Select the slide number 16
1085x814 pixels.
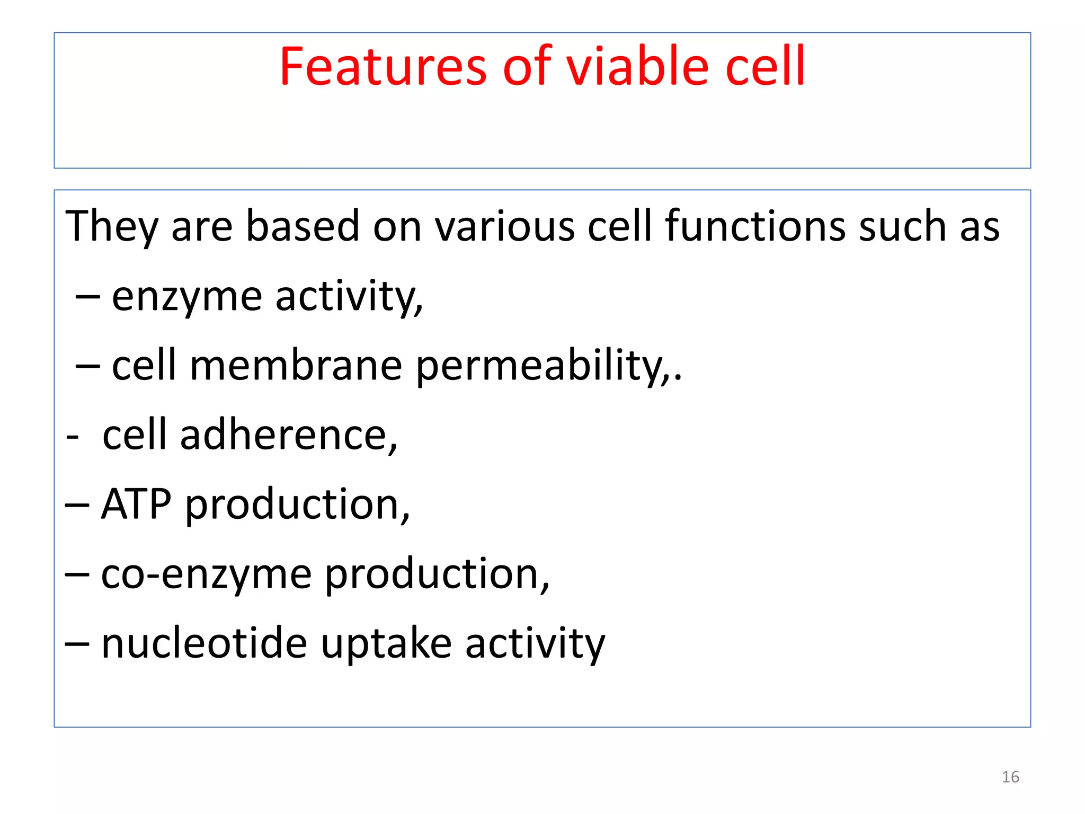(x=1010, y=777)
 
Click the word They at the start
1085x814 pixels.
(x=112, y=226)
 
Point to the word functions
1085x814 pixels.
(x=755, y=226)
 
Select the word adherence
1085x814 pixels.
(x=288, y=436)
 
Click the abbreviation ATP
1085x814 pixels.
(x=136, y=505)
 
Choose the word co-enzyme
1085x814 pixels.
(x=206, y=574)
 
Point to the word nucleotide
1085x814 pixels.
(x=204, y=643)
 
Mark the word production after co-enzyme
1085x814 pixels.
(x=437, y=574)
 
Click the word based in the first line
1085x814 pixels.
(x=303, y=226)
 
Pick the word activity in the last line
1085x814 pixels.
(x=535, y=644)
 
